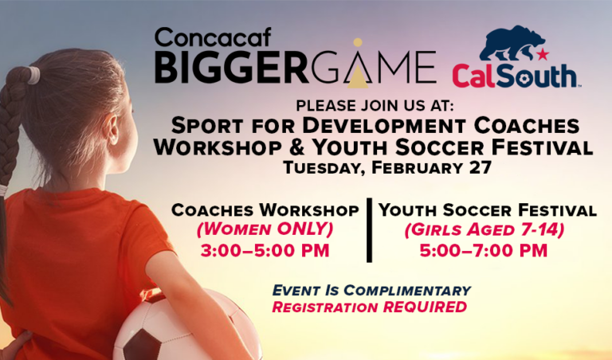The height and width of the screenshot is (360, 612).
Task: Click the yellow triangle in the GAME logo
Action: [358, 73]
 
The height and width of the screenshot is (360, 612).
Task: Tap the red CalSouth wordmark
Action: [515, 76]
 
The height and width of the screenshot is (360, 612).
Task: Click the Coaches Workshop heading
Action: [265, 211]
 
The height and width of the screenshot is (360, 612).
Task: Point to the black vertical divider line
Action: [369, 230]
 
